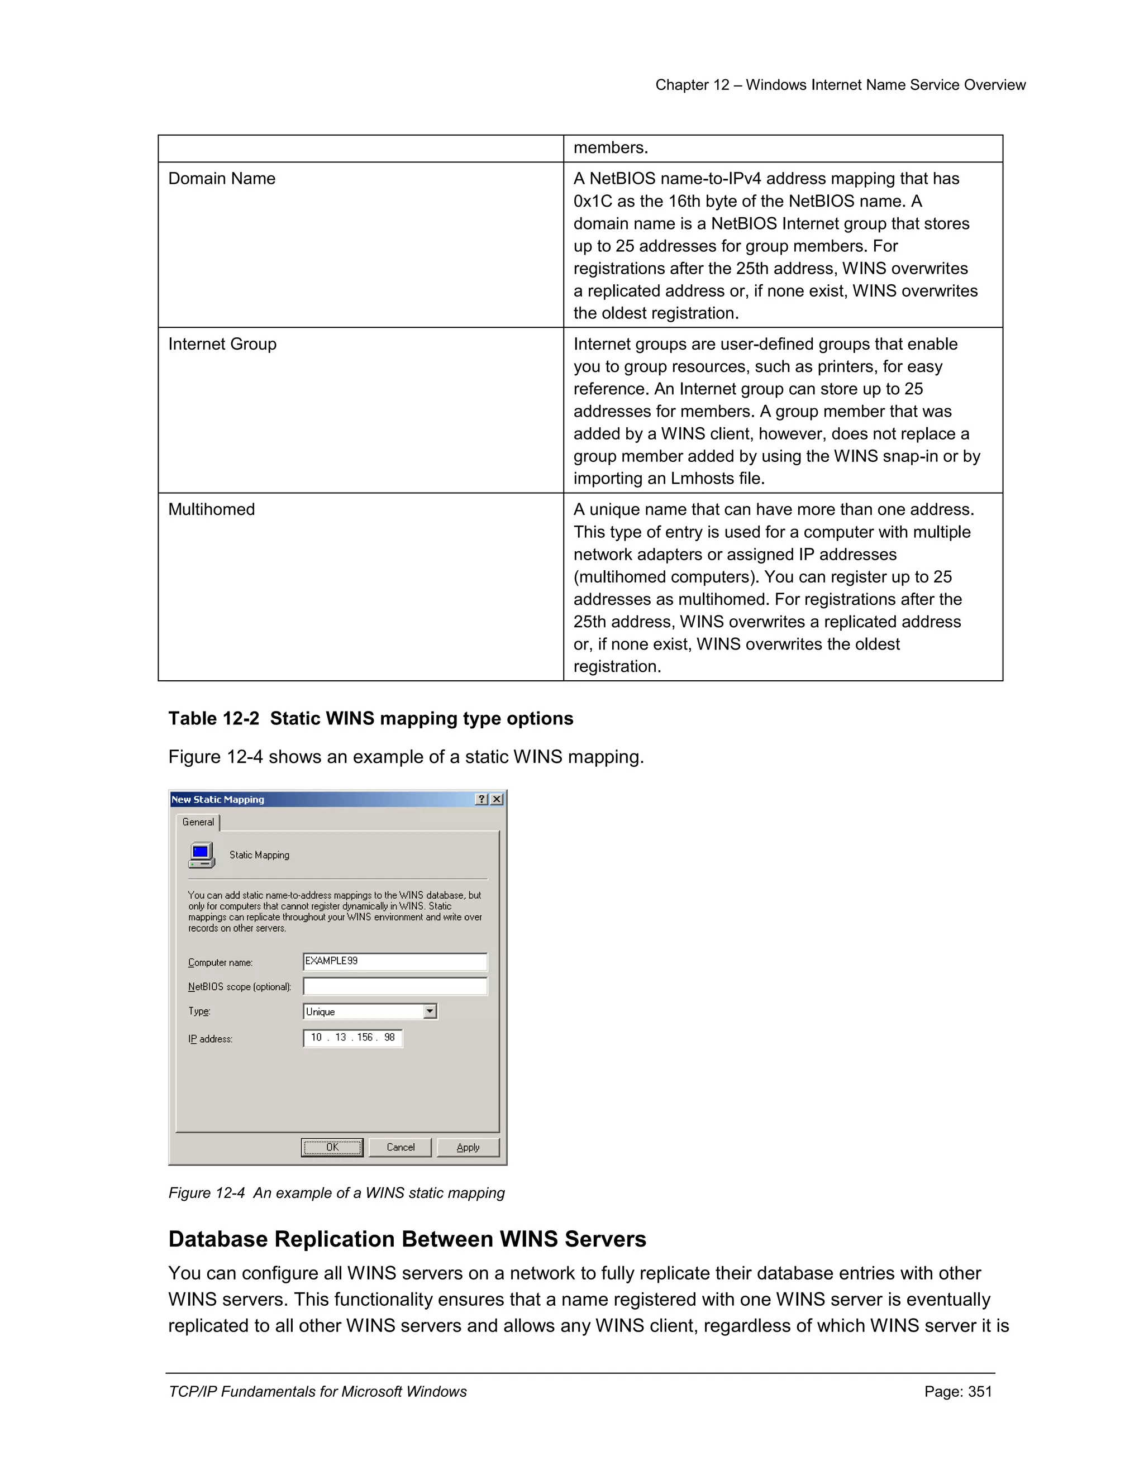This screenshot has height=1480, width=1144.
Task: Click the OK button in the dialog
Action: click(332, 1147)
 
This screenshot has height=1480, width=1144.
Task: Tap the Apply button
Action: click(468, 1147)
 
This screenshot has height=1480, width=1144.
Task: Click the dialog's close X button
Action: click(497, 799)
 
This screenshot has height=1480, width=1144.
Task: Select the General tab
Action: click(198, 822)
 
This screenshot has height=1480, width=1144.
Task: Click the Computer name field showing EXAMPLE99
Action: click(394, 961)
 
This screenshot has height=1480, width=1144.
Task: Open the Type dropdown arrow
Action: click(430, 1011)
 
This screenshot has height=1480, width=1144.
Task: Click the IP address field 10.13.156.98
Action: click(352, 1038)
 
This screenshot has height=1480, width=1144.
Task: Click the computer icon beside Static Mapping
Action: click(201, 854)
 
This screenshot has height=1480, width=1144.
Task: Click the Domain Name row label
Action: click(222, 178)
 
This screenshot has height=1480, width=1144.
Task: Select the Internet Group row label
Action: click(222, 343)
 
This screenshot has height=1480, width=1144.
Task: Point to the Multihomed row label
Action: click(212, 509)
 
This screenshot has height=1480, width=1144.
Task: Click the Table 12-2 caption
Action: click(371, 718)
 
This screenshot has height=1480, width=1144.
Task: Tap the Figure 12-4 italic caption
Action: click(336, 1193)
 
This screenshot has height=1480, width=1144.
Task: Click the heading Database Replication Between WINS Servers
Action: click(407, 1239)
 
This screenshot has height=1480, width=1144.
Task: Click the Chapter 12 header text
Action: click(840, 85)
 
